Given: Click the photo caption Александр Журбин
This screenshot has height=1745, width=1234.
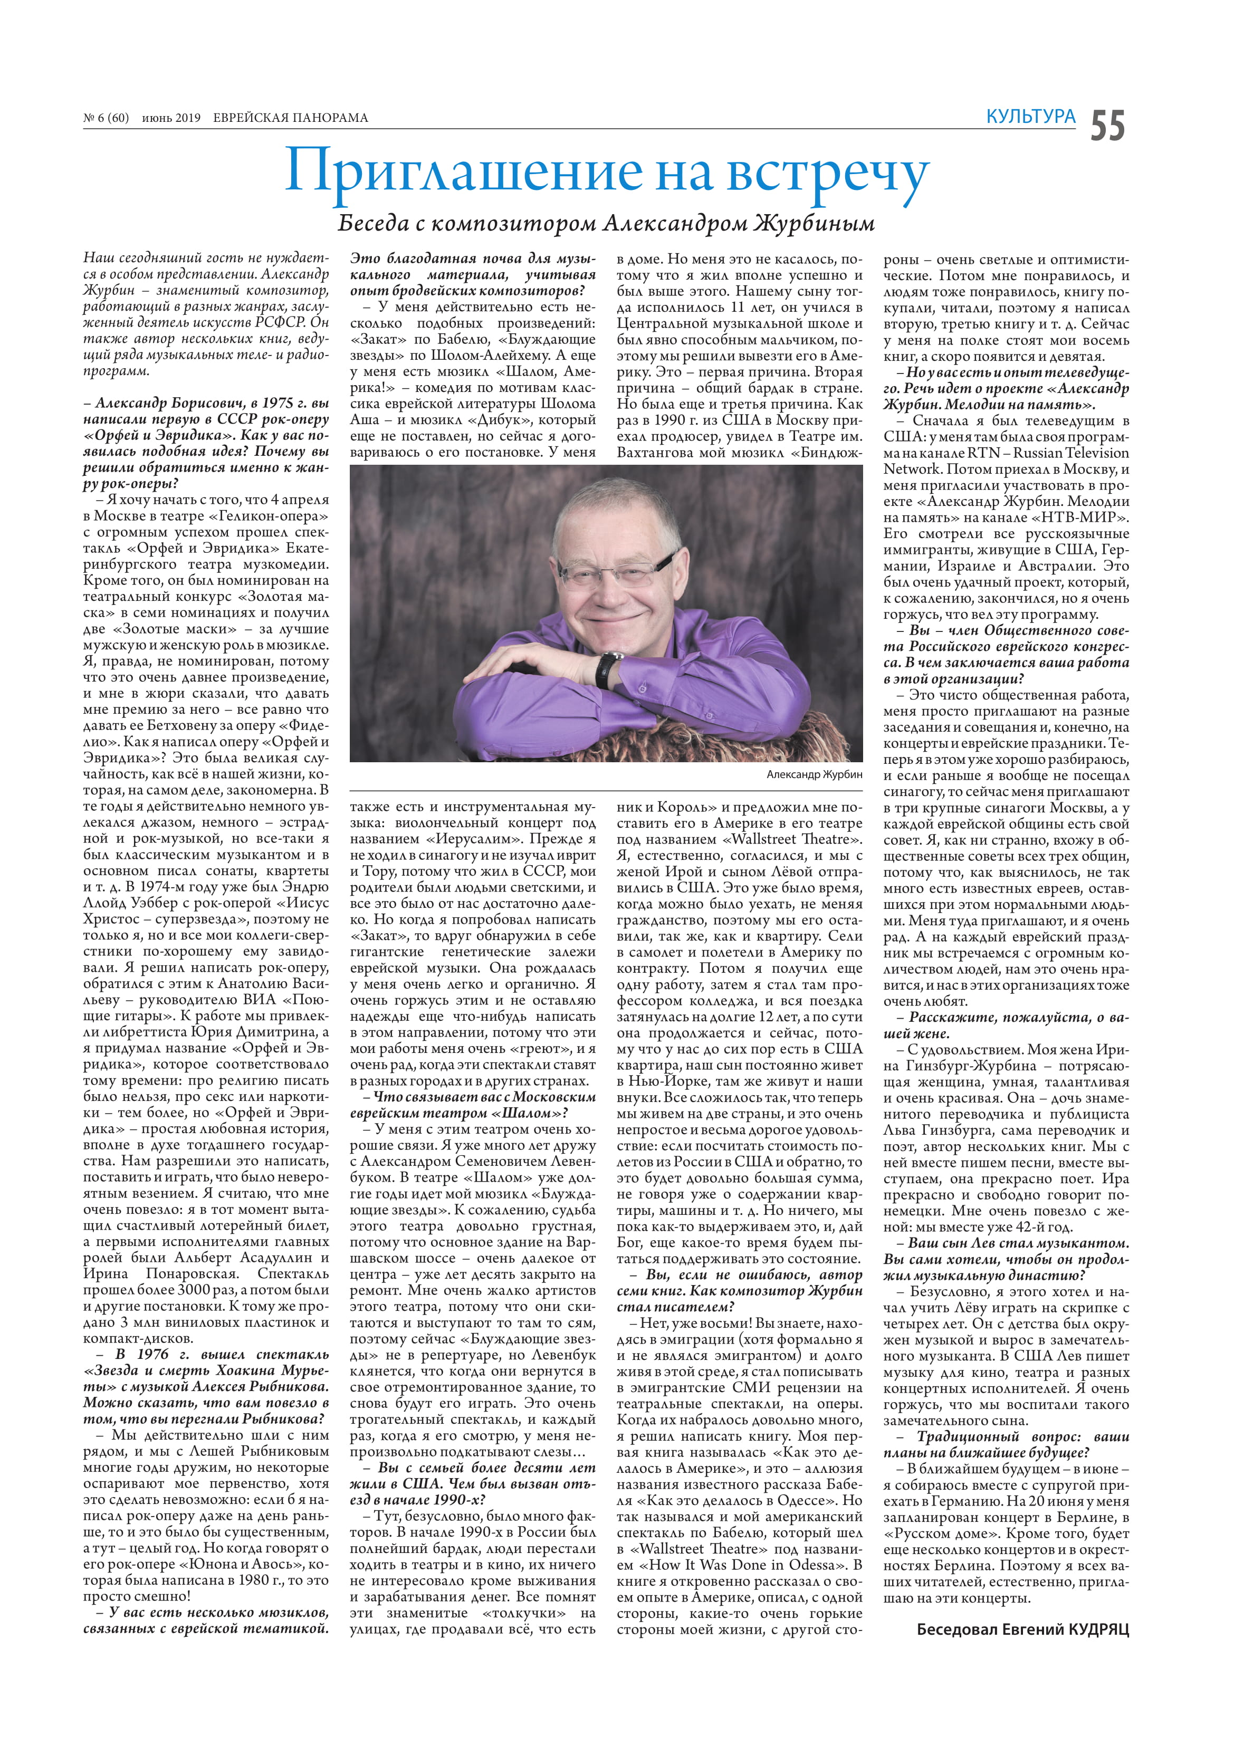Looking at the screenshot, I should [x=814, y=774].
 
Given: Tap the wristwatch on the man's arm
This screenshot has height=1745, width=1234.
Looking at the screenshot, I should [x=608, y=667].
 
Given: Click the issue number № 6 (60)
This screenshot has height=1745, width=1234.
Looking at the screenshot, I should [x=107, y=118].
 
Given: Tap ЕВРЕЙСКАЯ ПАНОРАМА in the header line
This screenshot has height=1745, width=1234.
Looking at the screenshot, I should [x=291, y=118].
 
